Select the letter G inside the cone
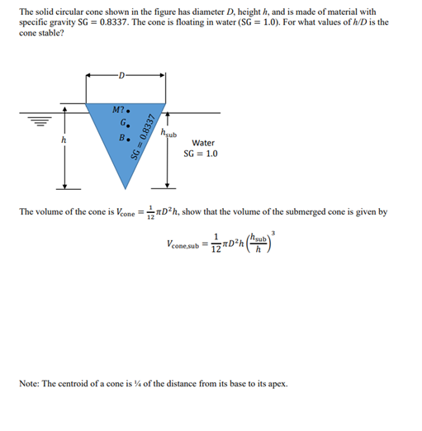pyautogui.click(x=121, y=125)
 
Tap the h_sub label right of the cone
pyautogui.click(x=168, y=134)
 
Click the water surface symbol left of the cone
pyautogui.click(x=40, y=119)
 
